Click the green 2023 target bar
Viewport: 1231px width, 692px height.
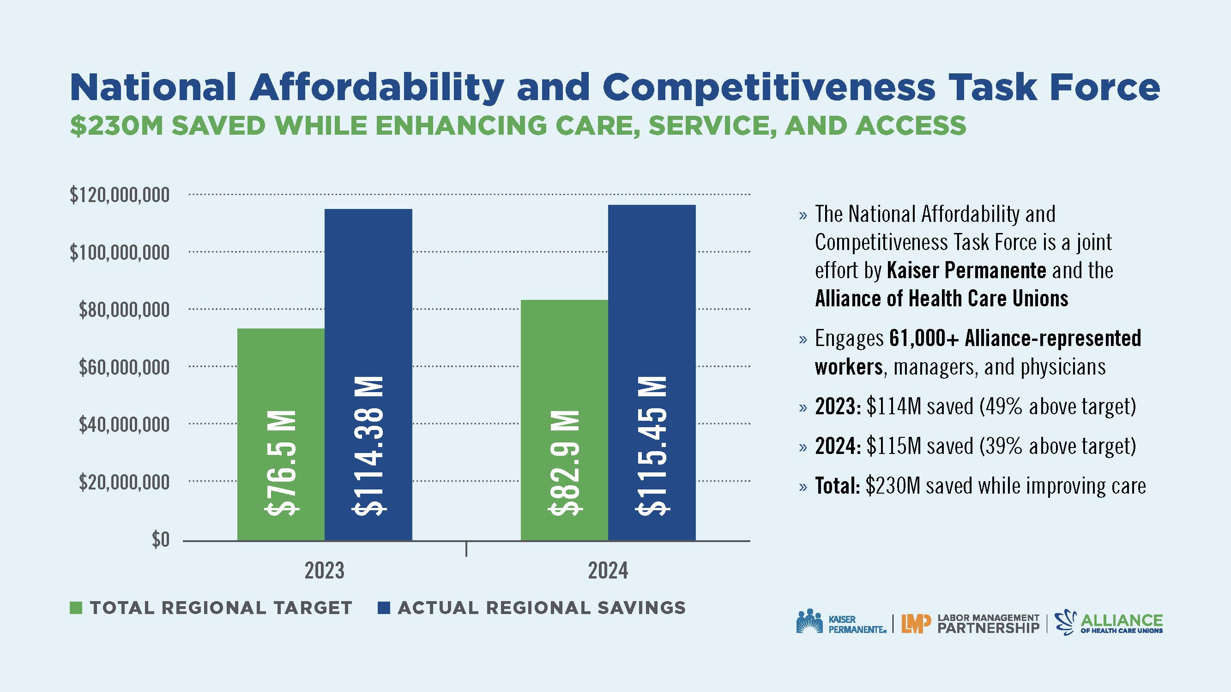281,434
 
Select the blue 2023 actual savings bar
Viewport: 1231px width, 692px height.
368,375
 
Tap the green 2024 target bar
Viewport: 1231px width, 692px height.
564,420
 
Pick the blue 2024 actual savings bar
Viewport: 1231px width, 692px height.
652,372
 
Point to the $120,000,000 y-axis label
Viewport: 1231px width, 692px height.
120,195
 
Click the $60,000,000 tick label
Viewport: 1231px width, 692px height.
124,367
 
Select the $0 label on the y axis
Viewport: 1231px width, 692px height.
161,540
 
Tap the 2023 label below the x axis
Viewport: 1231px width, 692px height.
325,571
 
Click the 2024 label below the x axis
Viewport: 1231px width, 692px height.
608,571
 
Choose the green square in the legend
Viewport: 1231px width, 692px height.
76,608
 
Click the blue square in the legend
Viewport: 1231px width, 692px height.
384,608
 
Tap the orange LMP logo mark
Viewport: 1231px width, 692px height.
916,623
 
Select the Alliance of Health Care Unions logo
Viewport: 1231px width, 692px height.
1109,623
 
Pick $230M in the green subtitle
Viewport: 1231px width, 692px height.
117,125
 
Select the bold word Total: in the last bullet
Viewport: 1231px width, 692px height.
837,486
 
